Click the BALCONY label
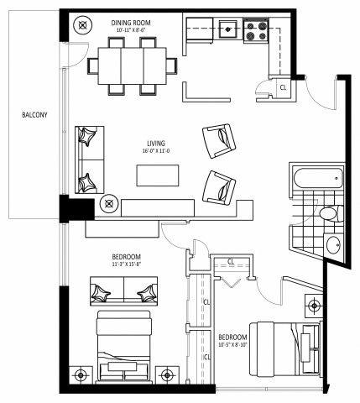coord(23,116)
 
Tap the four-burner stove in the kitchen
coord(255,32)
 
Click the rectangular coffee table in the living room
coord(158,175)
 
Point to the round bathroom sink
coord(333,245)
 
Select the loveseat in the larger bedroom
coord(124,290)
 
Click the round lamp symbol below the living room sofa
coord(108,203)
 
